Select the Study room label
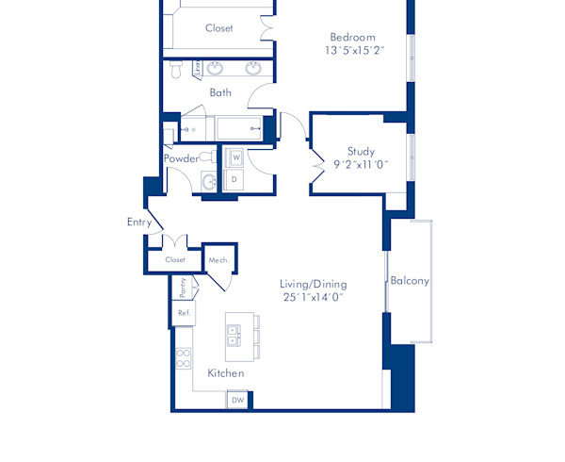tap(361, 151)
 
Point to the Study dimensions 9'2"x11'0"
tap(361, 164)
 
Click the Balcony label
tap(410, 281)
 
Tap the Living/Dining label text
tap(314, 284)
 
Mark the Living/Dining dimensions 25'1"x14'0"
tap(314, 297)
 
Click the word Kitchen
tap(226, 373)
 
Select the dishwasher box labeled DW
tap(237, 401)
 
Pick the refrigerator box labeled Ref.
tap(183, 313)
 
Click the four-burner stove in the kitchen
tap(183, 358)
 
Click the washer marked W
tap(235, 157)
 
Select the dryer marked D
tap(235, 178)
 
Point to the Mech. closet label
tap(218, 259)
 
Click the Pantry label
tap(183, 287)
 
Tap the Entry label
tap(139, 223)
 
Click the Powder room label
tap(182, 158)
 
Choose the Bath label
tap(220, 92)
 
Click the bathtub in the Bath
tap(238, 128)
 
